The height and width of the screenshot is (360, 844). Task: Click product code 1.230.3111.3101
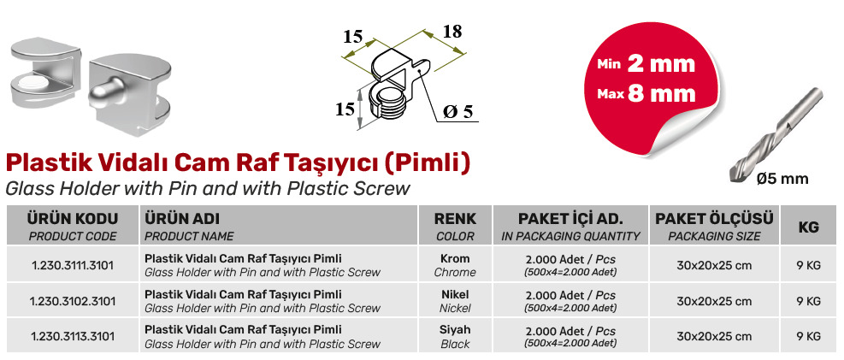pyautogui.click(x=73, y=265)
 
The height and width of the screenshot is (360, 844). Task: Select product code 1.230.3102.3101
pyautogui.click(x=73, y=301)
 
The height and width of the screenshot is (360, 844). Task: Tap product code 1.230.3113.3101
pyautogui.click(x=73, y=337)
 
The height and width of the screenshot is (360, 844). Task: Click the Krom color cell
pyautogui.click(x=455, y=265)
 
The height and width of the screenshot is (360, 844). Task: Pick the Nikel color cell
pyautogui.click(x=455, y=301)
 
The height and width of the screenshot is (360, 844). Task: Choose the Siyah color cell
pyautogui.click(x=455, y=337)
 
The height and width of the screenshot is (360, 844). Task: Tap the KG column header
pyautogui.click(x=808, y=227)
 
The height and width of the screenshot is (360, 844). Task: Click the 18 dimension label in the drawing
pyautogui.click(x=452, y=32)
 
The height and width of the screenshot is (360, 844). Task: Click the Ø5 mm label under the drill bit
pyautogui.click(x=782, y=179)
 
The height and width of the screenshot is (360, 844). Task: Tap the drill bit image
pyautogui.click(x=776, y=134)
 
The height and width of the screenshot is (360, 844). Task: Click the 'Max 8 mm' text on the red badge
pyautogui.click(x=646, y=93)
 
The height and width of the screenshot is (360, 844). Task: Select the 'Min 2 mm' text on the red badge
pyautogui.click(x=646, y=64)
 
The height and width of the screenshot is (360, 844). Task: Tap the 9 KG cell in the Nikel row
pyautogui.click(x=808, y=301)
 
